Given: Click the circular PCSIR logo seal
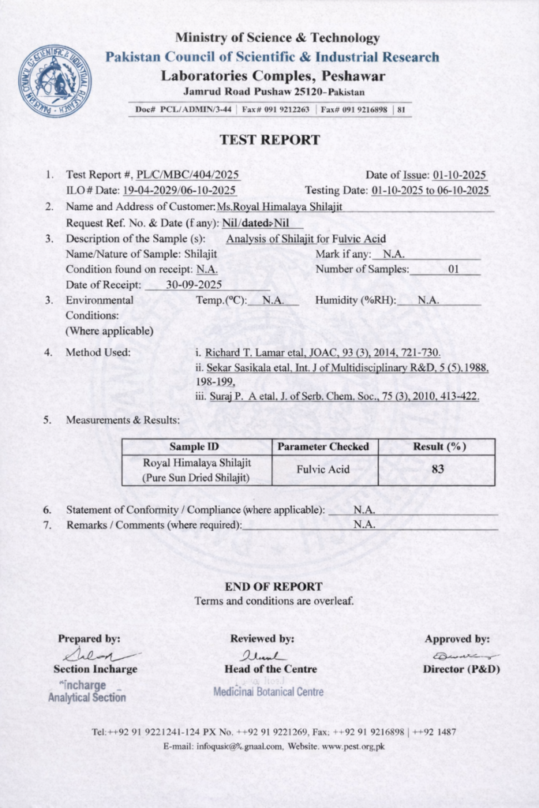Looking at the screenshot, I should click(x=55, y=81).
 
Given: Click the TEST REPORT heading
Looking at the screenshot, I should click(x=269, y=140).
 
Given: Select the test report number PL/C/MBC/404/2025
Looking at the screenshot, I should click(x=188, y=175).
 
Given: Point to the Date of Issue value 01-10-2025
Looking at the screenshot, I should click(x=459, y=175).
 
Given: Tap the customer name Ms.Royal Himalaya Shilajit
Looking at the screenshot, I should click(x=279, y=207).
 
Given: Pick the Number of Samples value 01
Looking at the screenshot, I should click(x=453, y=269).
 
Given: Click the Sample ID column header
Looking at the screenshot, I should click(x=196, y=447).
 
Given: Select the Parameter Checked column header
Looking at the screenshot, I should click(x=324, y=447).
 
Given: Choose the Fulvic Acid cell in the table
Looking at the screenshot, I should click(x=324, y=469).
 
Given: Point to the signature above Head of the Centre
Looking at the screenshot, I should click(x=261, y=654).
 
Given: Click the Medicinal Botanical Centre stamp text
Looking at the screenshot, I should click(x=268, y=692).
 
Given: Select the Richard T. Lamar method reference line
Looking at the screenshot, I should click(x=317, y=353).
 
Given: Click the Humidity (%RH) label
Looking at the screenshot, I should click(x=355, y=301).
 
